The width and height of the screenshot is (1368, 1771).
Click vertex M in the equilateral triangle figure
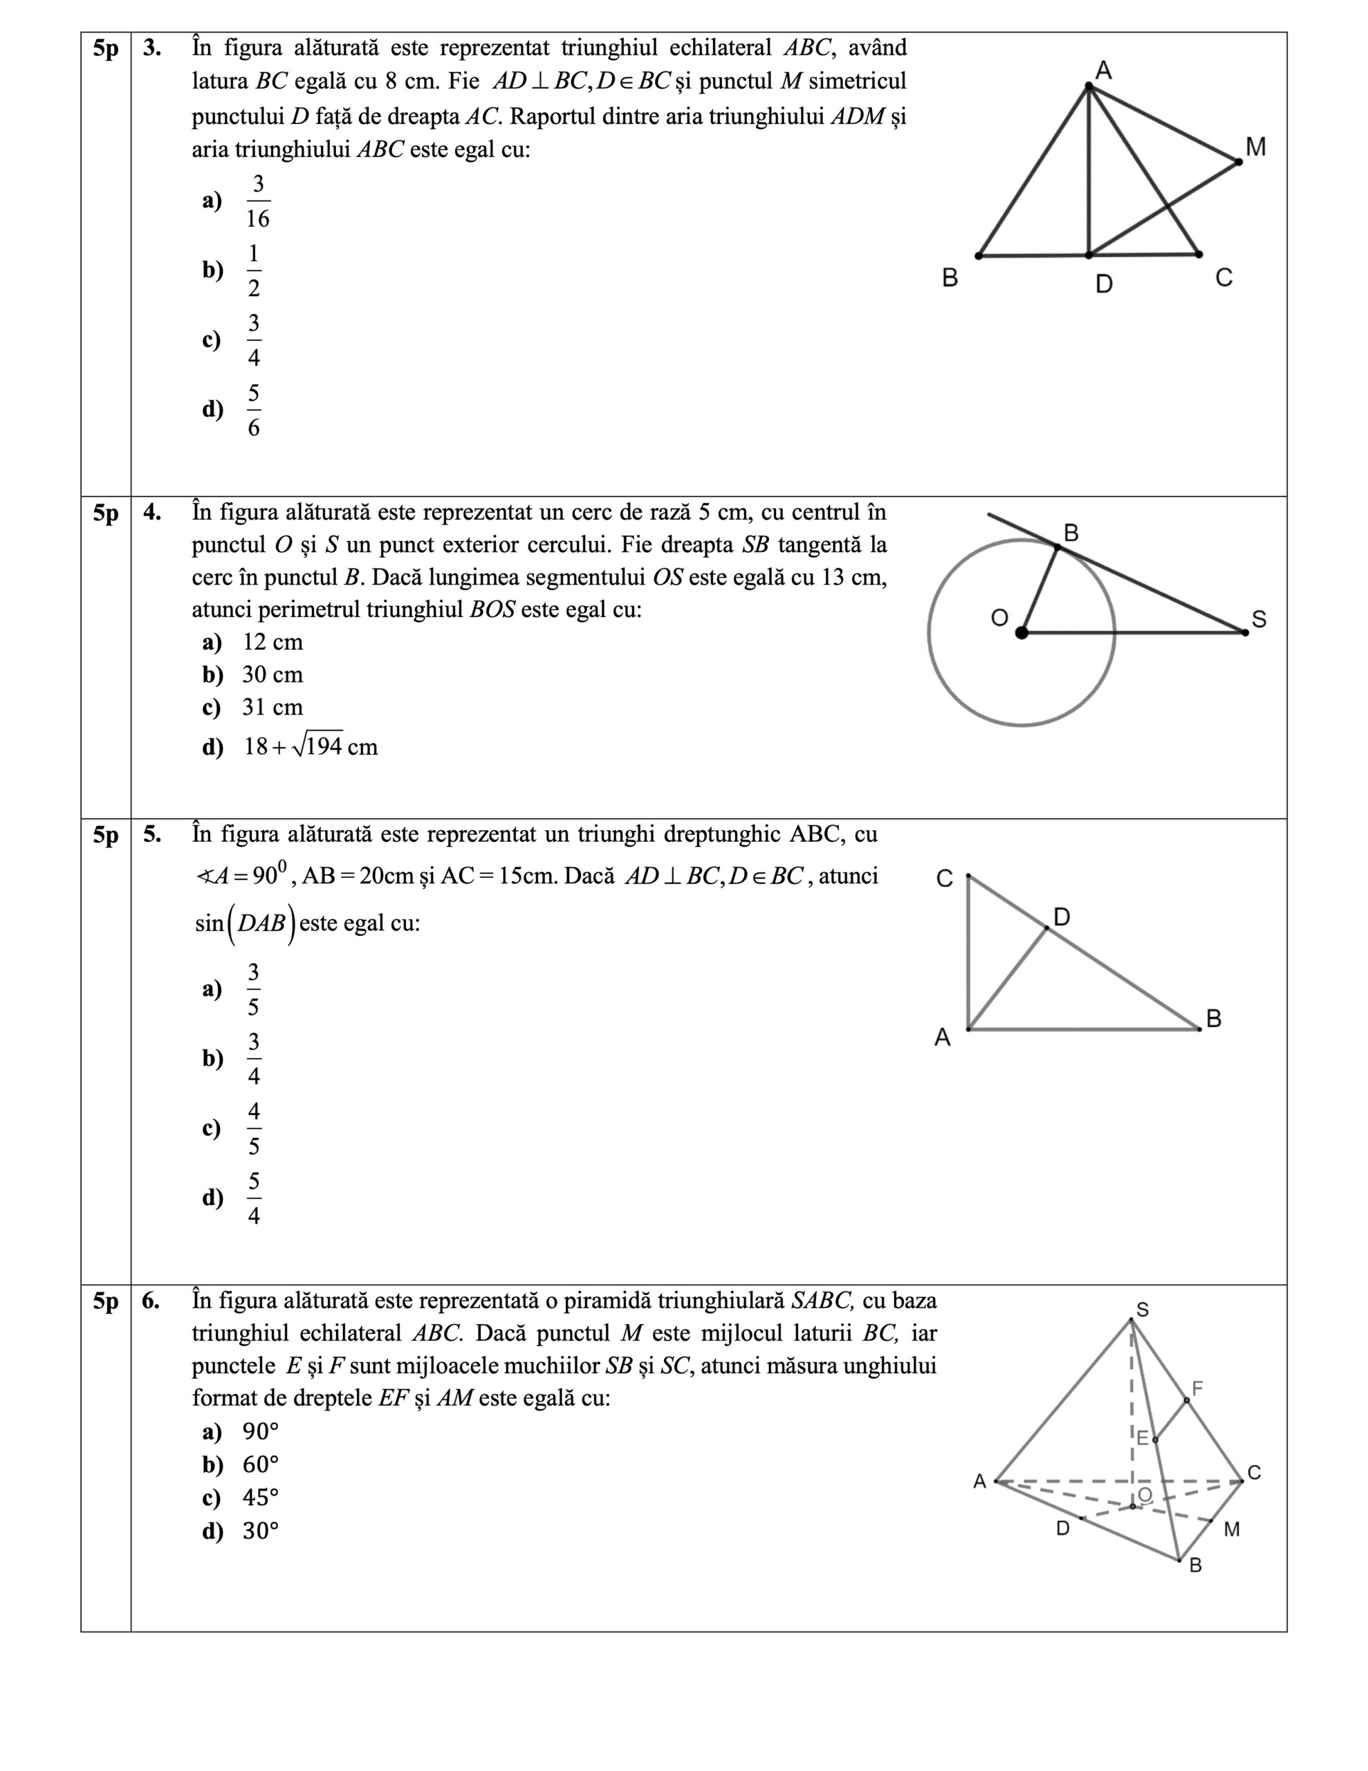click(1238, 162)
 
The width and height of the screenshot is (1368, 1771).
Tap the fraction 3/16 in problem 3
click(258, 201)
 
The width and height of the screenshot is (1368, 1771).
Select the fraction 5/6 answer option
click(254, 410)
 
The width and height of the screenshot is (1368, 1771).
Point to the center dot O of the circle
click(1022, 632)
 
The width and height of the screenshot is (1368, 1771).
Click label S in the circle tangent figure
click(1259, 620)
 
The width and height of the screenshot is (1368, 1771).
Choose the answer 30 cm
click(272, 675)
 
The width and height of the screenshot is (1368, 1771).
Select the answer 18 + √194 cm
click(311, 746)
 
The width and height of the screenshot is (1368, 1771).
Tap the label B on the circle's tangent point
click(1071, 533)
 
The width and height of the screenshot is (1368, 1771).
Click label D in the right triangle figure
click(1062, 917)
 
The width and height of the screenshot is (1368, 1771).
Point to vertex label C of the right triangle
click(945, 879)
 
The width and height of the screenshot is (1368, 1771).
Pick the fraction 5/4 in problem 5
click(254, 1198)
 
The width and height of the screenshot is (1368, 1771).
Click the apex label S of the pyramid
click(1143, 1310)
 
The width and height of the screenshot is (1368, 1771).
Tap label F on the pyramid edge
click(1197, 1389)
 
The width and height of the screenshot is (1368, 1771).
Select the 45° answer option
click(260, 1498)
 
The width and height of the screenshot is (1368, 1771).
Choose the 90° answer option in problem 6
click(260, 1432)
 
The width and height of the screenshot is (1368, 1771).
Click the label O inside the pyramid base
click(1145, 1494)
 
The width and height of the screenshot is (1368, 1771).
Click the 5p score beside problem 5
click(105, 835)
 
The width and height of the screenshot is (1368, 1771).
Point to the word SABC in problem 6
click(822, 1301)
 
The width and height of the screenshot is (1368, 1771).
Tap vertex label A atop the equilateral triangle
click(1103, 71)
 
